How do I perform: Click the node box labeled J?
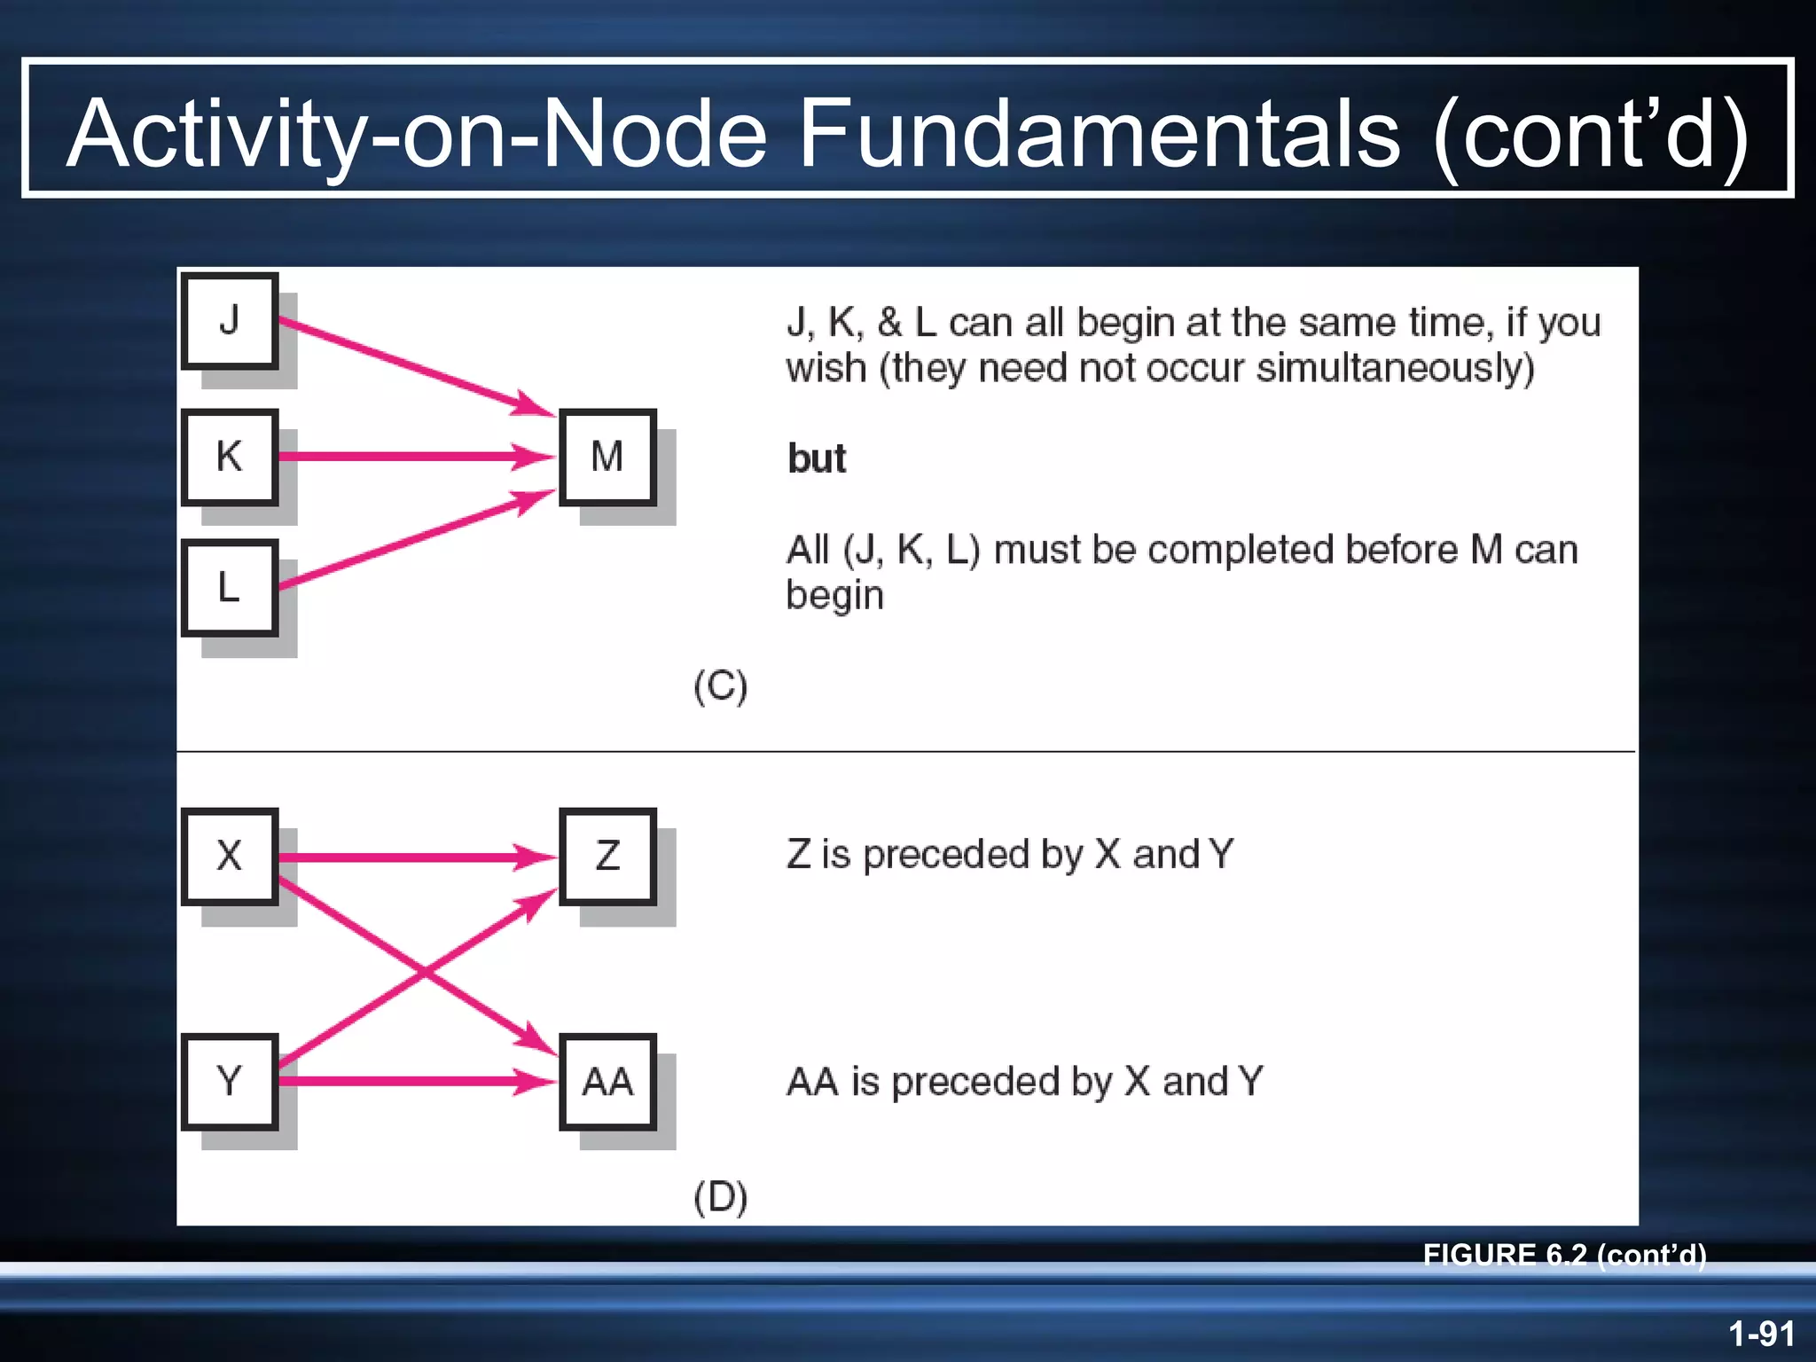[230, 321]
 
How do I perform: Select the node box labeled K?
[230, 457]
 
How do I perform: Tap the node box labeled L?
[230, 587]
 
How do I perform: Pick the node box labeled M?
[607, 457]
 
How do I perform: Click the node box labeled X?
[230, 856]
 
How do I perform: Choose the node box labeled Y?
[230, 1081]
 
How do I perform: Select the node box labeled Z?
[607, 856]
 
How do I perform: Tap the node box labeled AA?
[607, 1081]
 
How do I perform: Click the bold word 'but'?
[817, 459]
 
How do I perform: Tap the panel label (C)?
[720, 687]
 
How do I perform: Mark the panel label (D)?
[720, 1197]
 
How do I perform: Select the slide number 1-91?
[1761, 1333]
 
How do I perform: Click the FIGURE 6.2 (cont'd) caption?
[1564, 1254]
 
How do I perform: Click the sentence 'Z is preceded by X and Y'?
[1009, 855]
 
